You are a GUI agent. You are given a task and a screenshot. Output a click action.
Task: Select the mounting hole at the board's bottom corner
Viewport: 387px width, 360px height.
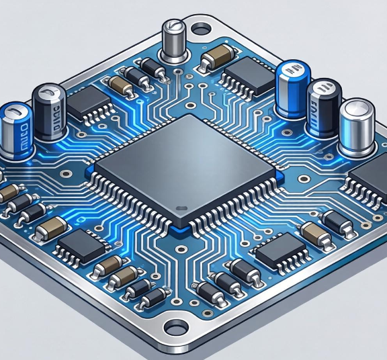point(175,328)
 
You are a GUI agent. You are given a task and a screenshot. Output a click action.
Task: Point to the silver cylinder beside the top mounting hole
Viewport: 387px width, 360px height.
point(173,42)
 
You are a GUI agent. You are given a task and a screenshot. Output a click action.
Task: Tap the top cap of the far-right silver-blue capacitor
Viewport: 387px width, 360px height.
point(357,110)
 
